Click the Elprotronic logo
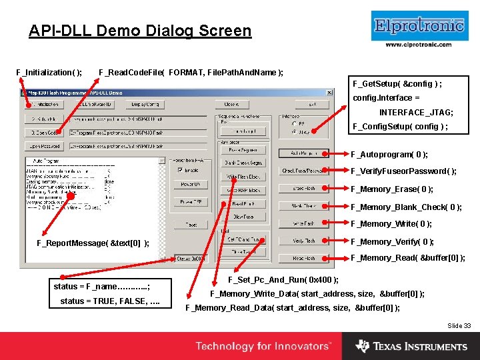coord(419,26)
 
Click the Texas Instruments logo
coord(411,346)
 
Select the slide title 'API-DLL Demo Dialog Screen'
coord(140,31)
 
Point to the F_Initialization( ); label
coord(49,72)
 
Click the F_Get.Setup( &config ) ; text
coord(397,84)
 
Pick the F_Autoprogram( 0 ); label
coord(389,155)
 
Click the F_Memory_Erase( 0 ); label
coord(392,189)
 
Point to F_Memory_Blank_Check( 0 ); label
coord(406,207)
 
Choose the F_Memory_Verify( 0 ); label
coord(393,242)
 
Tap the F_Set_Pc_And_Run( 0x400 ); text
coord(283,279)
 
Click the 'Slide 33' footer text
coord(459,325)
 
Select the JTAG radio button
coord(295,132)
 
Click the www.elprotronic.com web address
coord(419,45)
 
